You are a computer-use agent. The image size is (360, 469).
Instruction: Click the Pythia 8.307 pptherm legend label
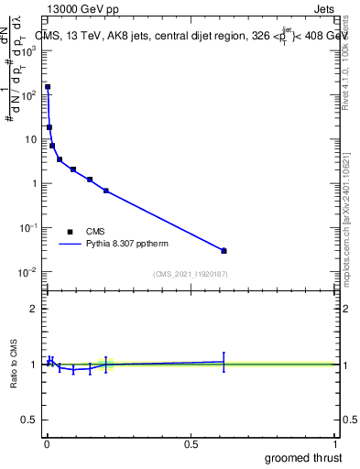pyautogui.click(x=128, y=245)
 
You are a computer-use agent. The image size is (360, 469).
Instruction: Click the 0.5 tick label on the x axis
pyautogui.click(x=190, y=443)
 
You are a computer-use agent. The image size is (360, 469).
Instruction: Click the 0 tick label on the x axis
pyautogui.click(x=46, y=443)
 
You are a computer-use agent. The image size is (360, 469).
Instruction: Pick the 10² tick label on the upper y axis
pyautogui.click(x=27, y=94)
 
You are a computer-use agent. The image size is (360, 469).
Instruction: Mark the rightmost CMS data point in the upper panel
pyautogui.click(x=224, y=250)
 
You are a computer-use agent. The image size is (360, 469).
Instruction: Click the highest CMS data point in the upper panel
pyautogui.click(x=48, y=87)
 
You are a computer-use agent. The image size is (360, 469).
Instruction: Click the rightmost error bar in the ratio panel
pyautogui.click(x=224, y=361)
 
